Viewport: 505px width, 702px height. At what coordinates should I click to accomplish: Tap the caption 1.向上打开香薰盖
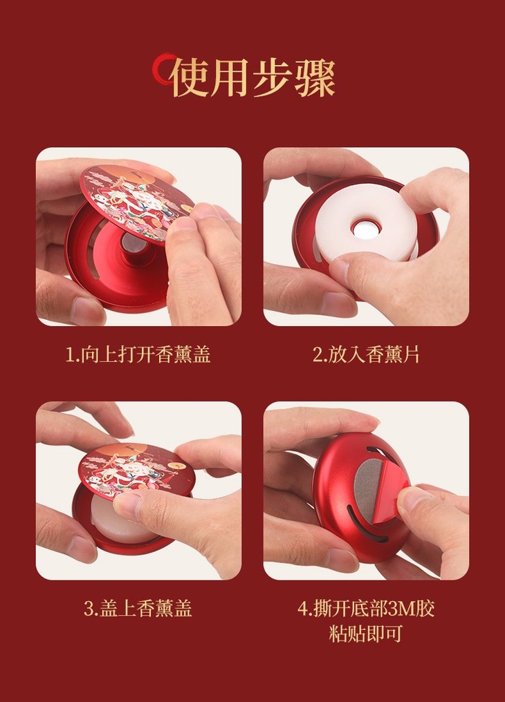[x=138, y=355]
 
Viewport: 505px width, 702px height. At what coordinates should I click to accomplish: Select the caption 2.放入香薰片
[x=366, y=355]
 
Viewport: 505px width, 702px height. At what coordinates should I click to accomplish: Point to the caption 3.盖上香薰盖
[x=138, y=609]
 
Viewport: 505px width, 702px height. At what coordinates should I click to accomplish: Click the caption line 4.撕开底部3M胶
[x=366, y=609]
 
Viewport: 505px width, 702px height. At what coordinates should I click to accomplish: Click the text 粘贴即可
[x=366, y=634]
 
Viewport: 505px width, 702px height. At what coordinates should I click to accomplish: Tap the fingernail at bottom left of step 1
[x=86, y=310]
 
